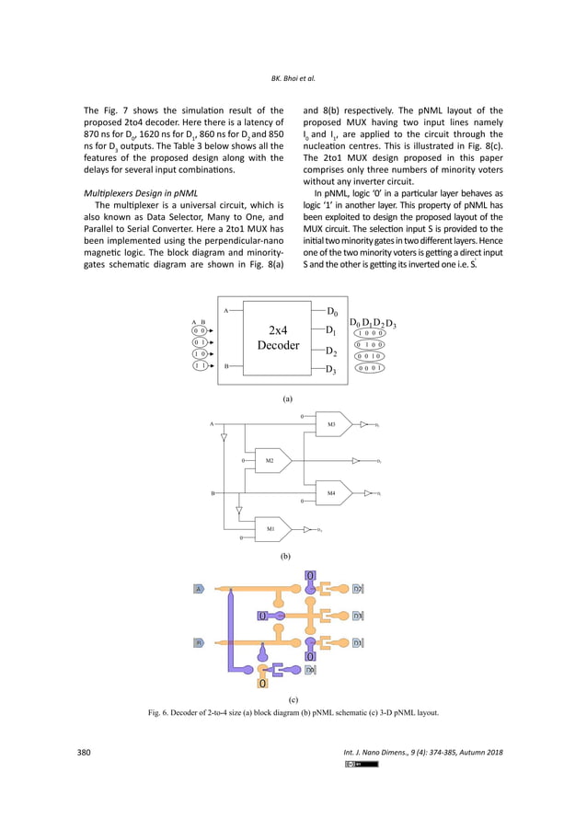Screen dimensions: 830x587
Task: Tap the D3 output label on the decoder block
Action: tap(331, 370)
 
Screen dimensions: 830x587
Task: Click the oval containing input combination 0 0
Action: tap(200, 329)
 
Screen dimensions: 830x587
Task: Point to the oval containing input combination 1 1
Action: tap(200, 365)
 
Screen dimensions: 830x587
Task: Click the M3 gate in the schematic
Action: tap(333, 424)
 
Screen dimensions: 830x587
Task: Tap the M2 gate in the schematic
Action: tap(272, 459)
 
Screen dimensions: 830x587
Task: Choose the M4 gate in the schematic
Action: tap(333, 493)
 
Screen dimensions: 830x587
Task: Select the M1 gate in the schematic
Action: tap(272, 529)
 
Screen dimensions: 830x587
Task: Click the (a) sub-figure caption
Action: tap(287, 399)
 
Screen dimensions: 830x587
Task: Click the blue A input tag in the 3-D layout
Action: tap(198, 588)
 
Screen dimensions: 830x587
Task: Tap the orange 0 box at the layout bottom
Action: tap(263, 685)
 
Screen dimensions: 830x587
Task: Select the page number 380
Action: tap(83, 753)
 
